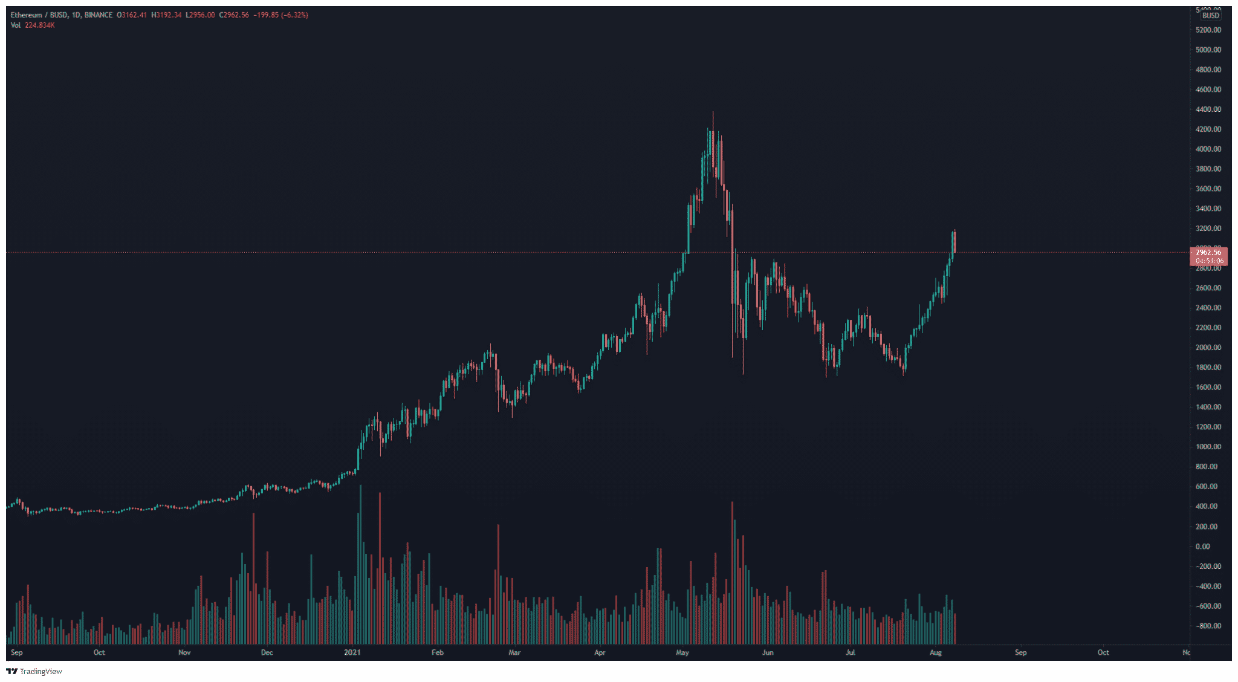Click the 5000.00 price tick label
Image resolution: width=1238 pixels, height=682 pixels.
click(x=1208, y=50)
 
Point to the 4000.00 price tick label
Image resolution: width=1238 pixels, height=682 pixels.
click(x=1208, y=149)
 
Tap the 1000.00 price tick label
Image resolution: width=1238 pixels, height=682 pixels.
click(x=1208, y=447)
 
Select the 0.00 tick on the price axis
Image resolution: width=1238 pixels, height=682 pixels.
click(x=1202, y=547)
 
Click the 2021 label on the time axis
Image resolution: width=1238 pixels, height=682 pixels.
click(x=352, y=652)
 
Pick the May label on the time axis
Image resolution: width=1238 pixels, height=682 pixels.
click(x=682, y=652)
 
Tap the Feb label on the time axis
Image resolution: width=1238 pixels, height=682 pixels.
click(x=438, y=652)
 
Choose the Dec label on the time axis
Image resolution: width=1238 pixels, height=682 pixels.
click(x=267, y=652)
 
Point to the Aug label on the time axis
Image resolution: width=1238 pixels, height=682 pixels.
click(x=935, y=652)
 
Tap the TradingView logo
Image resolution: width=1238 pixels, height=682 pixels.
click(x=34, y=671)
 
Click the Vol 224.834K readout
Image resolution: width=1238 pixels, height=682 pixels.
click(x=33, y=25)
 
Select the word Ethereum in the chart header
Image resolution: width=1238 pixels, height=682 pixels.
click(x=27, y=15)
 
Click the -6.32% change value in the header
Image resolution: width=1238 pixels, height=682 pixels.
click(x=294, y=15)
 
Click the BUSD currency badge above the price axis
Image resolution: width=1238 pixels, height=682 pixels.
click(x=1210, y=16)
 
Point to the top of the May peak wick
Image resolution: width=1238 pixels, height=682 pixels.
click(x=713, y=112)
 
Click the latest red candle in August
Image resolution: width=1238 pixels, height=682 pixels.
click(x=954, y=242)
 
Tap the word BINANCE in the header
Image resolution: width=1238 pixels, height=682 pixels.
click(x=99, y=15)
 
